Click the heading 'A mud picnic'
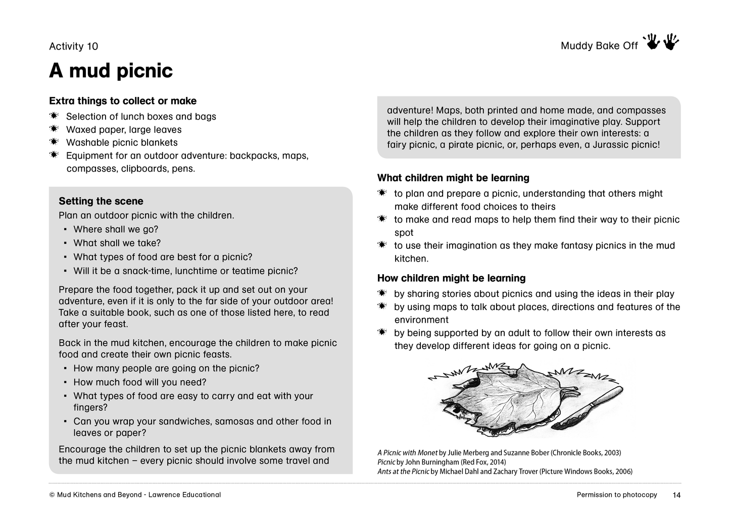(111, 71)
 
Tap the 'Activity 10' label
(74, 46)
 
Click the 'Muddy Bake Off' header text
(599, 46)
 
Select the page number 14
(676, 495)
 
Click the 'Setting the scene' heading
(101, 201)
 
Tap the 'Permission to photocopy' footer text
(617, 495)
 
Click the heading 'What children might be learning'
(453, 178)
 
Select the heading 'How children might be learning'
(451, 278)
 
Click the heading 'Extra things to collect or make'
(123, 101)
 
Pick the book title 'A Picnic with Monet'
(407, 453)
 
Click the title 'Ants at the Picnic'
(403, 472)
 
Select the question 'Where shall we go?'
(116, 229)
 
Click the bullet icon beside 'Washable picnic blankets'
(54, 142)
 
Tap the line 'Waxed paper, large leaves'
(124, 129)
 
